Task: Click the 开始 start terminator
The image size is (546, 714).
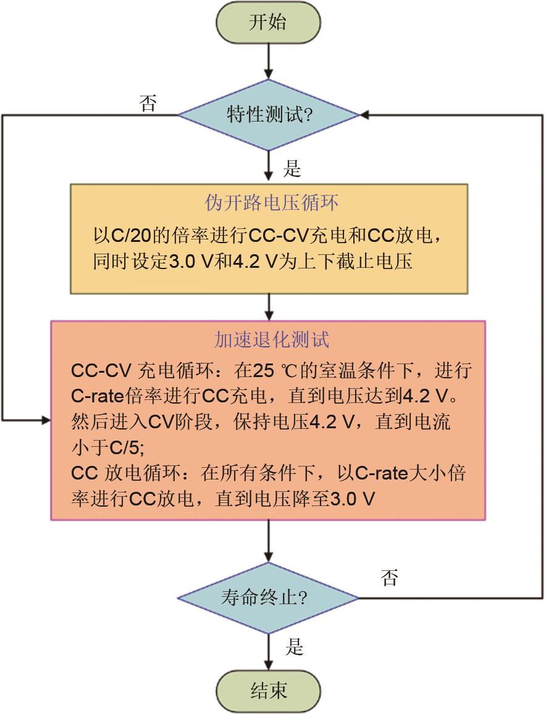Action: tap(269, 23)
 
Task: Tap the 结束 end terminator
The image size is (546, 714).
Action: tap(269, 689)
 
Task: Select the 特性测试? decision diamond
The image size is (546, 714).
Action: tap(269, 115)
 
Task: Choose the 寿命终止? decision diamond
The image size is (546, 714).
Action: tap(269, 597)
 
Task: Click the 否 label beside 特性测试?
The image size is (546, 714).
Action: tap(148, 103)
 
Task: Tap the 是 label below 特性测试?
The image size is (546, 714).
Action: tap(292, 168)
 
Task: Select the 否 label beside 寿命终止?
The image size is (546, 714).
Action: tap(390, 578)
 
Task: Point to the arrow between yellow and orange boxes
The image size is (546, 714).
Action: tap(269, 307)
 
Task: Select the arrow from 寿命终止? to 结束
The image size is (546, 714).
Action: tap(269, 652)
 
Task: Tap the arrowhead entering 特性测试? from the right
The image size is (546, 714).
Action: tap(364, 115)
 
